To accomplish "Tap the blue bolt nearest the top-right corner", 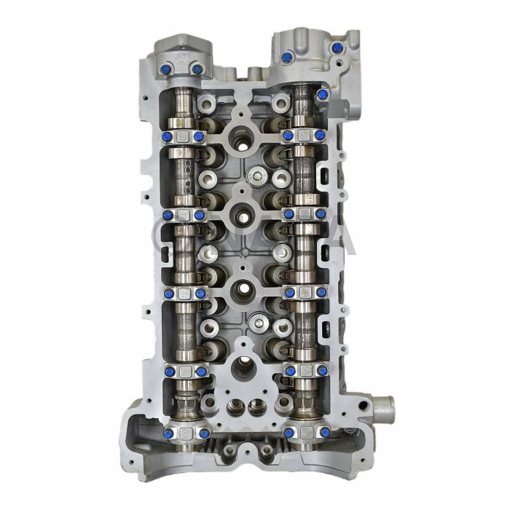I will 337,48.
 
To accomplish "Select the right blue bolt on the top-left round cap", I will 196,69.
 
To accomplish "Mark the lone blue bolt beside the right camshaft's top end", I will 321,95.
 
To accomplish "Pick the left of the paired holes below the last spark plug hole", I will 235,406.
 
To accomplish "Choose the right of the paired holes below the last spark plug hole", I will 255,406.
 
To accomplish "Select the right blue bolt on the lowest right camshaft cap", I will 321,433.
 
